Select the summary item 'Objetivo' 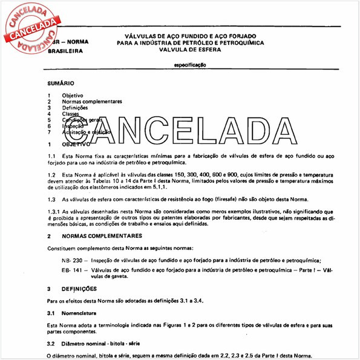point(73,96)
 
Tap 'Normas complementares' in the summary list point(91,102)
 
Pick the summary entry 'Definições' point(75,108)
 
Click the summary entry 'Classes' point(71,114)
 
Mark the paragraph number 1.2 point(51,174)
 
